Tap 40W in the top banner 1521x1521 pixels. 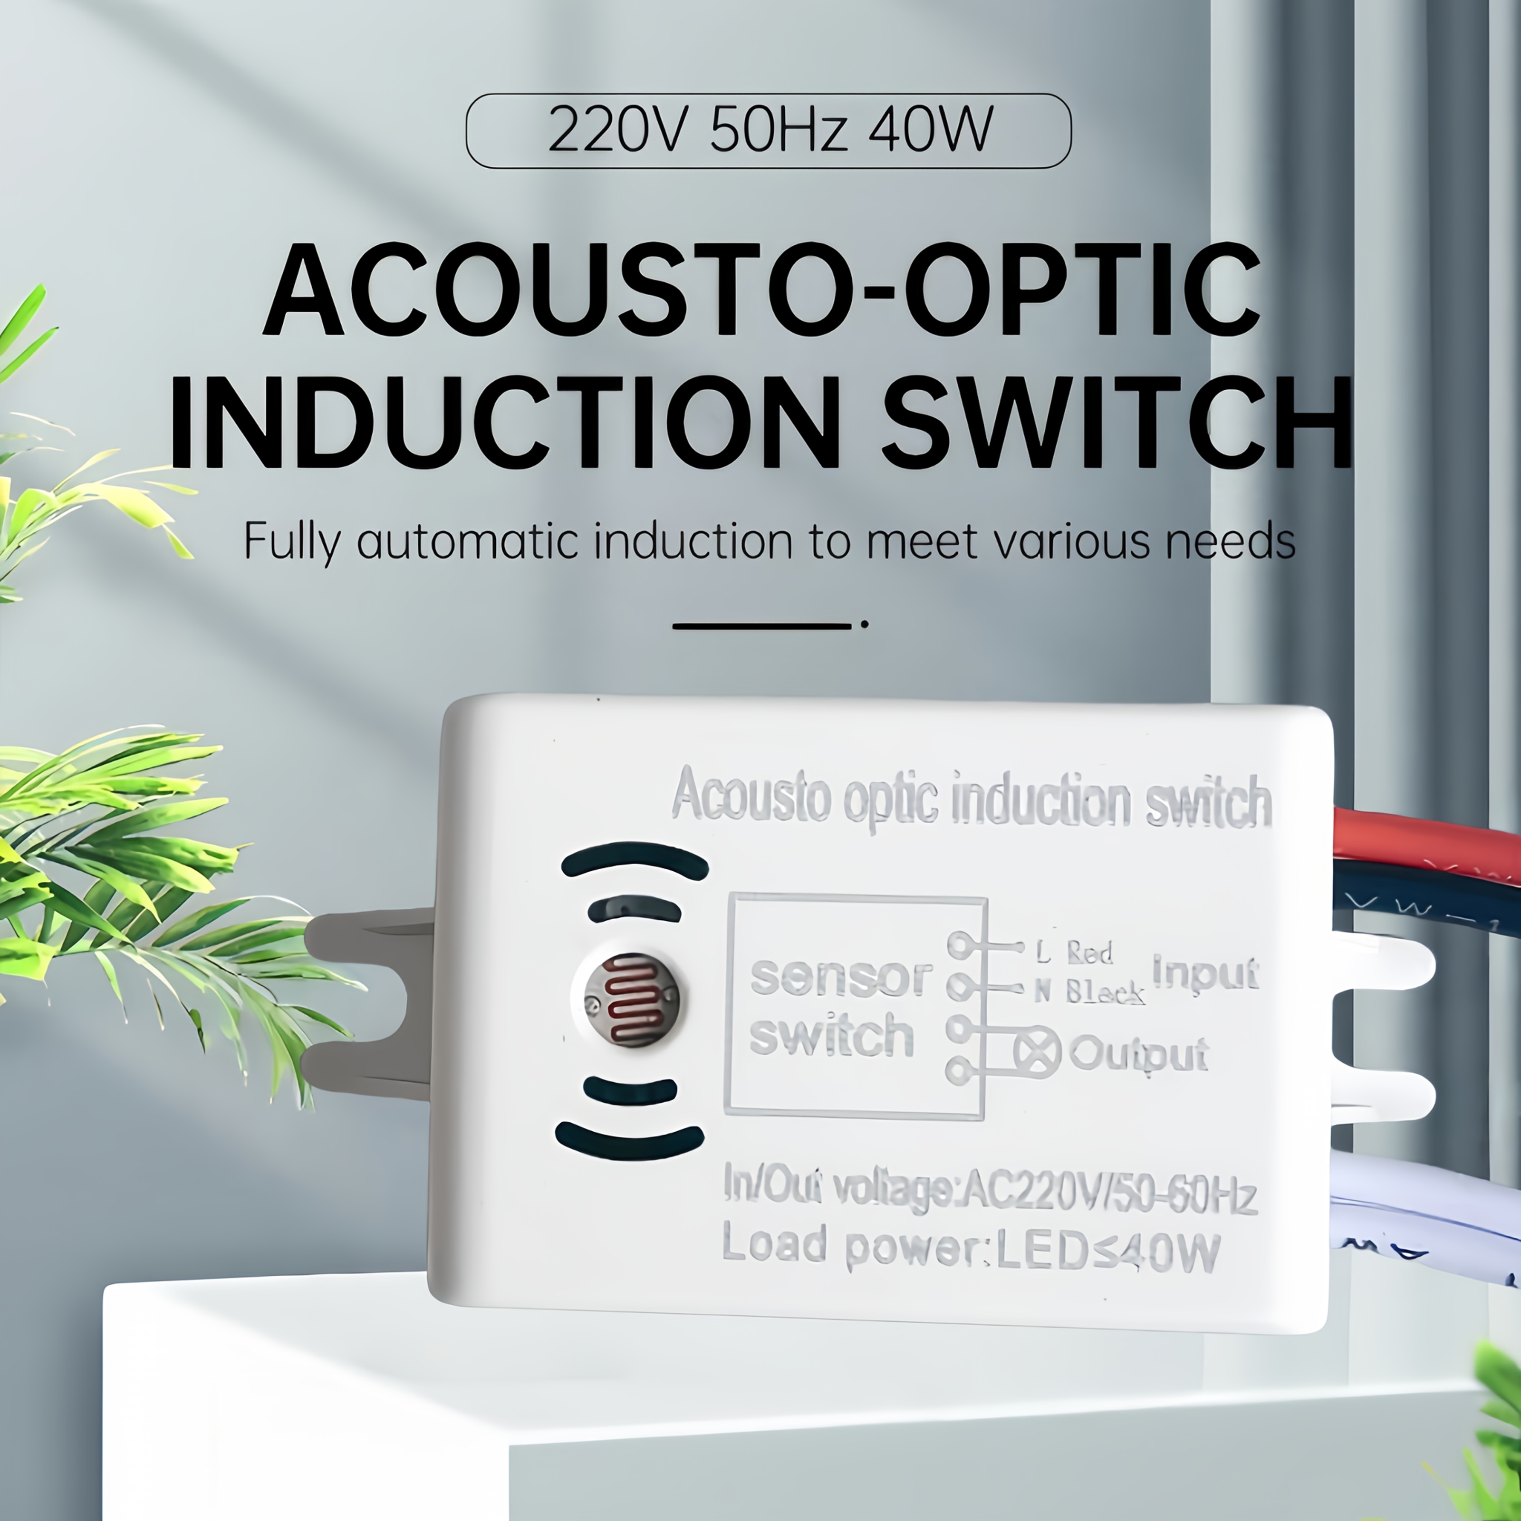(x=931, y=129)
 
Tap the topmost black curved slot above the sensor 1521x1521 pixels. (x=635, y=860)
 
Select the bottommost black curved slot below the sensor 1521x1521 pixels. (x=629, y=1142)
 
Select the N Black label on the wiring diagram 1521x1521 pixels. (x=1089, y=992)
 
